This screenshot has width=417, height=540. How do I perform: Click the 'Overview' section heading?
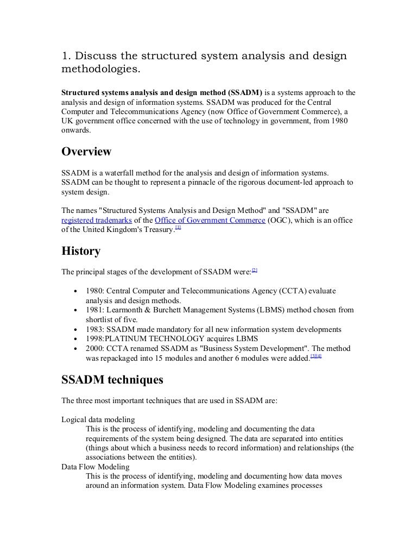[86, 152]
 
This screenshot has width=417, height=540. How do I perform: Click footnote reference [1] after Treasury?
[178, 228]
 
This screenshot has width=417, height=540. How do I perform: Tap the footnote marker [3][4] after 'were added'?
[316, 356]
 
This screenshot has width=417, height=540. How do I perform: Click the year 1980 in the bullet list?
[95, 291]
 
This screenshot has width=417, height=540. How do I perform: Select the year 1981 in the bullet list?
[95, 310]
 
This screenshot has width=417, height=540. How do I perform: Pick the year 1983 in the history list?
[95, 329]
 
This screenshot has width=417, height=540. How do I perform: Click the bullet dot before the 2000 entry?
[74, 349]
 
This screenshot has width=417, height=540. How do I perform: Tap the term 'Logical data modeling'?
[98, 419]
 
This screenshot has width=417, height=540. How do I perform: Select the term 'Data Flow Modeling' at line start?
[95, 467]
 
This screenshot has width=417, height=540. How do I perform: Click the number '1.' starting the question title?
[66, 57]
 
